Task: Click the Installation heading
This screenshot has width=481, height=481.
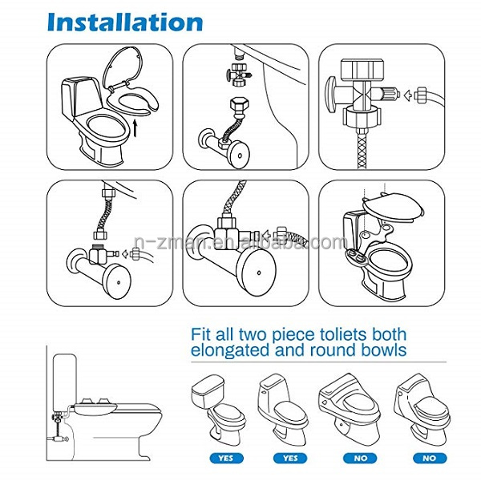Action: pos(125,22)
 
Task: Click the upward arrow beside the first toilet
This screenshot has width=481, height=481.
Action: pos(135,127)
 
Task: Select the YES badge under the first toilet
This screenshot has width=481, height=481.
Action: pos(226,459)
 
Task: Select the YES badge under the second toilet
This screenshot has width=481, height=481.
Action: pos(290,459)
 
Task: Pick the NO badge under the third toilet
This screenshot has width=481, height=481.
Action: pos(360,459)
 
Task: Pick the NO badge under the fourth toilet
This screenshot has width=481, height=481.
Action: pos(430,459)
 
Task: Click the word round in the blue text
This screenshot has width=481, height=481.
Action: pos(333,350)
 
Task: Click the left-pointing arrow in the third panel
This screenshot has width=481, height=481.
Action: pos(408,95)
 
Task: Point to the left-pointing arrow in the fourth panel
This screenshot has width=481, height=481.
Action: pos(125,254)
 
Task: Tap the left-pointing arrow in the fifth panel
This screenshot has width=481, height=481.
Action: pos(268,236)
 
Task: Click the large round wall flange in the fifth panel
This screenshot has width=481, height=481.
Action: pos(257,272)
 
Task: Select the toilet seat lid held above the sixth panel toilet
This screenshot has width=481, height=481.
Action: pos(394,206)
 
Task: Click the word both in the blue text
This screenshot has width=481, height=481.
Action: pos(389,334)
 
